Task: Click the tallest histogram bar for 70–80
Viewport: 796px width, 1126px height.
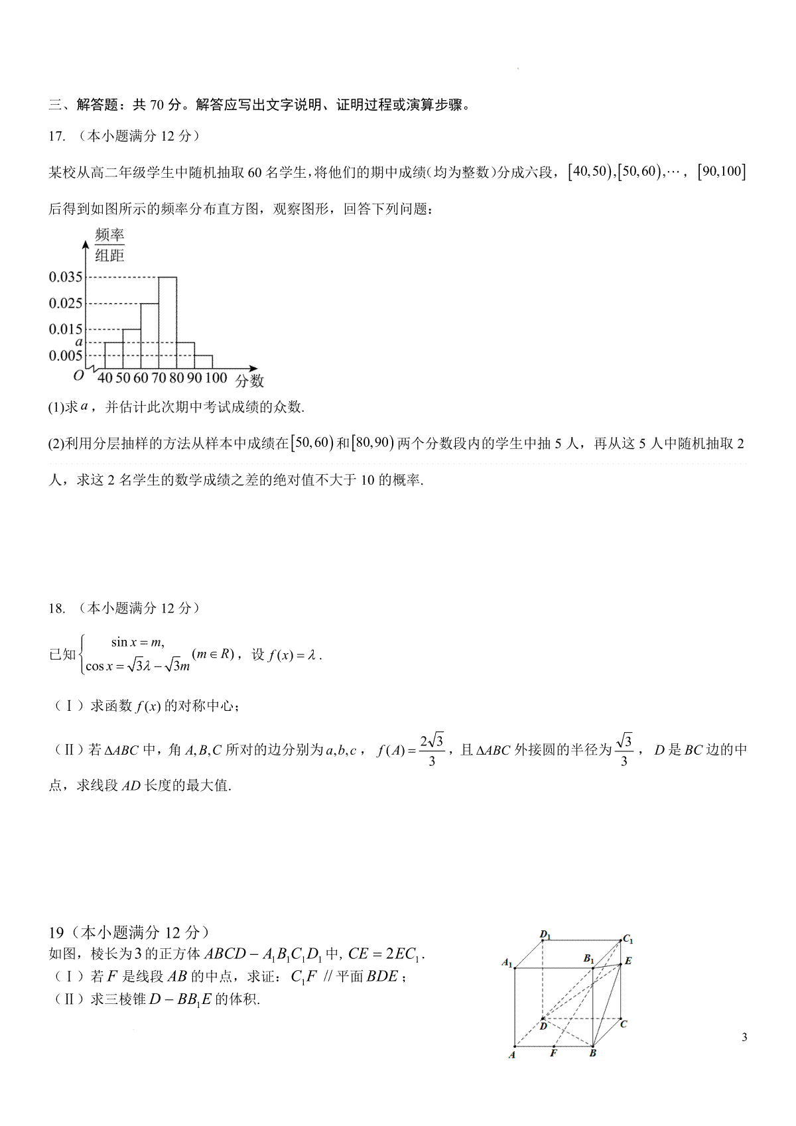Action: tap(167, 323)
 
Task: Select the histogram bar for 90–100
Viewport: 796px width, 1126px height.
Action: tap(203, 362)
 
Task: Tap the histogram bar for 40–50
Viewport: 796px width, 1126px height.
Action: tap(113, 355)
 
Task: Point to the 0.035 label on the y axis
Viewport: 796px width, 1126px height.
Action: tap(66, 277)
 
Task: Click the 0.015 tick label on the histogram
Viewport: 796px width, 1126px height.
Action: tap(66, 330)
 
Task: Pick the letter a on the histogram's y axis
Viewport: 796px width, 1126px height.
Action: tap(78, 342)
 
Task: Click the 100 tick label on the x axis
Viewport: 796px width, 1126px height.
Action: tap(216, 379)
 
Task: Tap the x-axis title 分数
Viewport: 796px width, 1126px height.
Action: tap(249, 381)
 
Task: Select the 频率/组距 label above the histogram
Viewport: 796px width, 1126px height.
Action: tap(109, 245)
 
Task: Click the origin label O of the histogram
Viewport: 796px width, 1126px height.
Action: tap(79, 375)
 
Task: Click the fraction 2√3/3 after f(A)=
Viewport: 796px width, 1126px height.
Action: tap(432, 750)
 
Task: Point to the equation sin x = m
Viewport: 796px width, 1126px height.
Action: tap(137, 642)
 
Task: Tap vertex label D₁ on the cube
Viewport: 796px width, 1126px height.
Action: tap(545, 936)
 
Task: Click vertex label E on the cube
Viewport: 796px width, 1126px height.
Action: tap(628, 961)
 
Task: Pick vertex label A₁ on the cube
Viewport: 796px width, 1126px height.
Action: tap(507, 962)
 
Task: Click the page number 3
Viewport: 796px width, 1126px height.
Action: tap(744, 1038)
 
